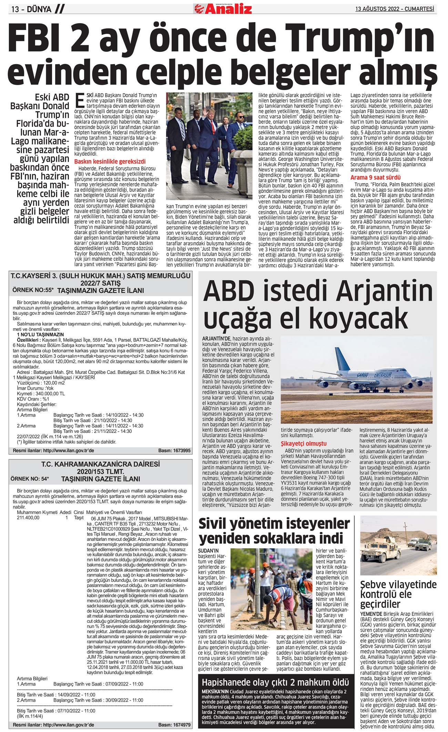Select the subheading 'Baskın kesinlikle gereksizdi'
pyautogui.click(x=110, y=161)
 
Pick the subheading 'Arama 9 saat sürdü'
pyautogui.click(x=375, y=178)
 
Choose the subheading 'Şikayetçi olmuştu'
pyautogui.click(x=304, y=443)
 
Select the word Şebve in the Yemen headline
pyautogui.click(x=376, y=585)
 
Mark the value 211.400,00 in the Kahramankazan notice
pyautogui.click(x=28, y=518)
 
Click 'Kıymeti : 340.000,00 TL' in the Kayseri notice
pyautogui.click(x=41, y=393)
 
